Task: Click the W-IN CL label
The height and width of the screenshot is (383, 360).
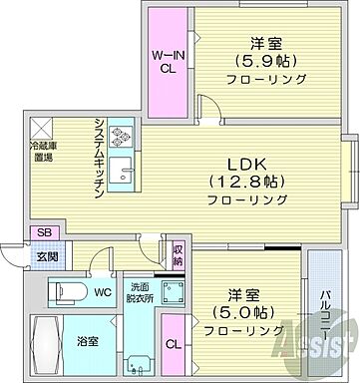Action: point(165,62)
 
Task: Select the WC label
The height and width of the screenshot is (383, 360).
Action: point(104,294)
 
